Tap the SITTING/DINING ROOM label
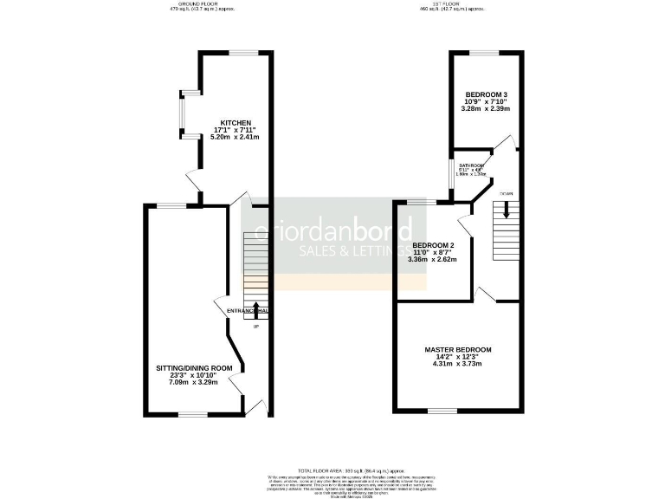point(195,368)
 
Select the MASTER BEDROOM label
point(458,350)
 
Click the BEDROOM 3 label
point(486,94)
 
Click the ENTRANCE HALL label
point(248,310)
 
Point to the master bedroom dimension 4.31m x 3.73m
point(458,363)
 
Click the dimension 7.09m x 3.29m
point(195,382)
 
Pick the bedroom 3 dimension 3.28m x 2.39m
point(486,108)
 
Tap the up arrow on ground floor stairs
point(256,307)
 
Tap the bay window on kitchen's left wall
point(183,114)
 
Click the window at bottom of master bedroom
point(442,411)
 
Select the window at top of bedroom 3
point(485,53)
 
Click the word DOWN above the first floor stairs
point(506,193)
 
